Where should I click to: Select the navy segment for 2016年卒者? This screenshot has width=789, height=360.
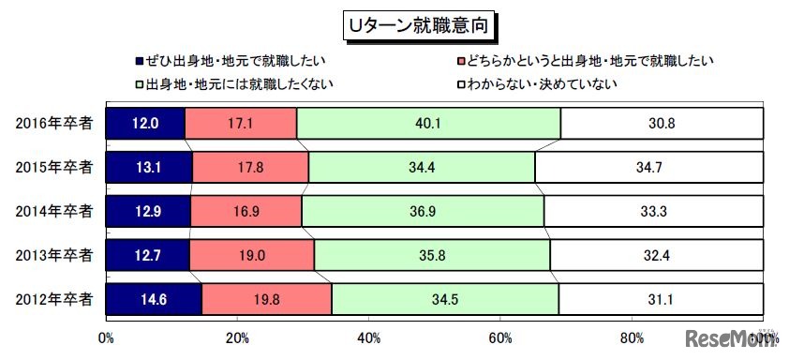[x=145, y=123]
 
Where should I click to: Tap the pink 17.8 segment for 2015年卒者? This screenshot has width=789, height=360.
[x=250, y=167]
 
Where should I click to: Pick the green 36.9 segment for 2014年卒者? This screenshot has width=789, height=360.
[x=423, y=212]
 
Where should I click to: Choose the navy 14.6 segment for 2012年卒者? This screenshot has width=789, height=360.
[x=154, y=300]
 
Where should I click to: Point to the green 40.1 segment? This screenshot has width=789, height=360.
[x=428, y=123]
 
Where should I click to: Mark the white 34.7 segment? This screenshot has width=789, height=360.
[x=649, y=167]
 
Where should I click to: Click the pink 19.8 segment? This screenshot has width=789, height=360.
[x=266, y=300]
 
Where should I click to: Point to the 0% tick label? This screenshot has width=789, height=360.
[x=106, y=338]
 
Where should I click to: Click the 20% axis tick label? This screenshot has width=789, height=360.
[x=237, y=338]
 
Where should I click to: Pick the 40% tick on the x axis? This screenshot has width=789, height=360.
[x=369, y=338]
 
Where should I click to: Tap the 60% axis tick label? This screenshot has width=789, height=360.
[x=501, y=338]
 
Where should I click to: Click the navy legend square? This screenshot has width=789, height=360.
[x=139, y=63]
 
